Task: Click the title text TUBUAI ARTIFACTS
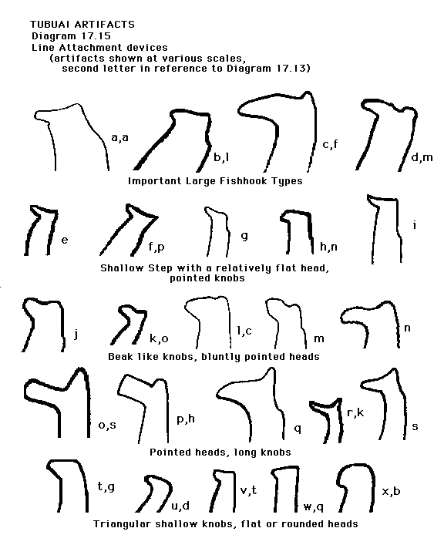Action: click(82, 25)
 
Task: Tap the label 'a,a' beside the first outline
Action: click(119, 138)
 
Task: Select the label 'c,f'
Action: click(330, 144)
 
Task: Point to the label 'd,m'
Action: click(422, 156)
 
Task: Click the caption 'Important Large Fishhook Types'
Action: click(215, 181)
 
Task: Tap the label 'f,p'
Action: click(156, 247)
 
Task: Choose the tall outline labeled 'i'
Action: click(373, 230)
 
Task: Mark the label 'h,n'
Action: click(328, 247)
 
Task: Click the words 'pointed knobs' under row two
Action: click(207, 277)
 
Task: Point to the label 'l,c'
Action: click(244, 331)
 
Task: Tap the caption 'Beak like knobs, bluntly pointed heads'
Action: click(214, 356)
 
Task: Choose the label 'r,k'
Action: click(355, 412)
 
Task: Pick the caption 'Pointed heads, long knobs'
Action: click(220, 452)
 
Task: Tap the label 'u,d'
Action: click(180, 506)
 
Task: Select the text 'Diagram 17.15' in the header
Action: click(71, 35)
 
